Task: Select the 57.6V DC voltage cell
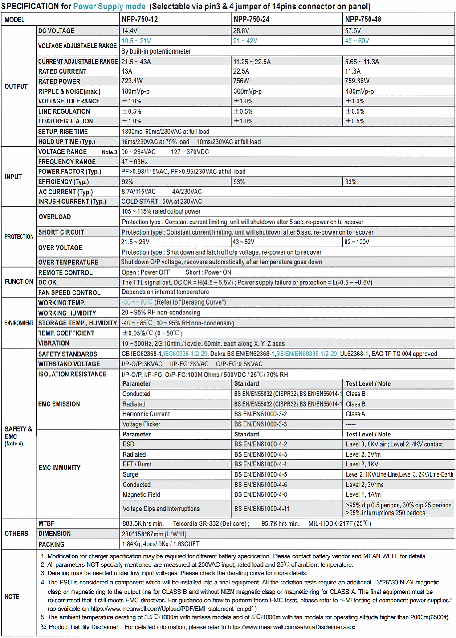(x=353, y=31)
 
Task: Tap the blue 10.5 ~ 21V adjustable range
(x=136, y=41)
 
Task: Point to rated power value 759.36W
(x=357, y=81)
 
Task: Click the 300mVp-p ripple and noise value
(x=248, y=91)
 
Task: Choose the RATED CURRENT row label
(x=62, y=71)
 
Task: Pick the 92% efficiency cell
(x=127, y=182)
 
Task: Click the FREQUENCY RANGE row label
(x=67, y=162)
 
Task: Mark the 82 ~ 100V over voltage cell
(x=357, y=242)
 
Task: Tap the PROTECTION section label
(x=19, y=237)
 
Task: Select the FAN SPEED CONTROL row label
(x=69, y=292)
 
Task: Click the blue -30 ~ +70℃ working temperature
(x=137, y=302)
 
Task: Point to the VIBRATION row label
(x=53, y=343)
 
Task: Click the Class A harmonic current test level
(x=355, y=414)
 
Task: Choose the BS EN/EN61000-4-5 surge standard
(x=261, y=475)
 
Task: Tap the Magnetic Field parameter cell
(x=141, y=495)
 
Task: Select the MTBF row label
(x=46, y=523)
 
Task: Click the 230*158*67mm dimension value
(x=154, y=534)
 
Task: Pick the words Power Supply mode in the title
(x=109, y=7)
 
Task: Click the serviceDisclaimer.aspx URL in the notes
(x=292, y=627)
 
